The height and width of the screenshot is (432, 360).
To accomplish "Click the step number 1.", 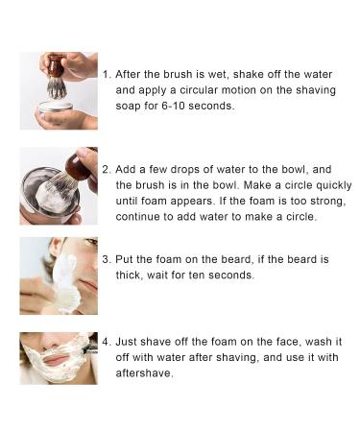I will point(107,73).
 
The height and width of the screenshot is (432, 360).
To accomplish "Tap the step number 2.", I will point(107,167).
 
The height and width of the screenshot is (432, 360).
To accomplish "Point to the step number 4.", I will point(107,341).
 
